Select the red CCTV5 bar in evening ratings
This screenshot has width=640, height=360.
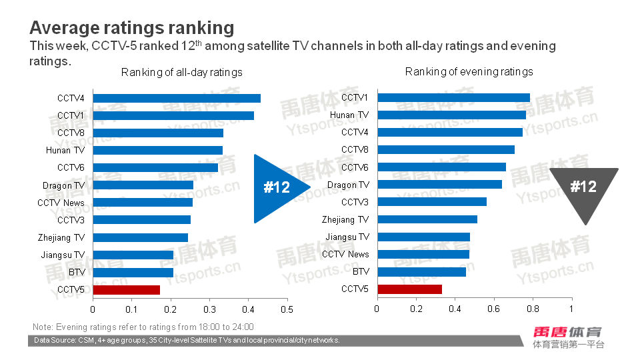pos(409,289)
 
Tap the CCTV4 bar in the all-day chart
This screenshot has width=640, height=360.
pos(177,98)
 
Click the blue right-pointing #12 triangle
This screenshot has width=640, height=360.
pos(277,187)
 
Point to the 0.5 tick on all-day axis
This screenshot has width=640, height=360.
pos(287,309)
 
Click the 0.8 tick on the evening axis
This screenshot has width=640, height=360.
pos(533,309)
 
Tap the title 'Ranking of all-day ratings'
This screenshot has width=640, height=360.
pos(181,72)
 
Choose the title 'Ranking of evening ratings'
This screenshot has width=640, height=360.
pos(469,71)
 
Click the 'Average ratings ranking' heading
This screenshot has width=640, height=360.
pos(132,28)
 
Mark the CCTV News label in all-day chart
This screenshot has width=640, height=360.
pos(61,203)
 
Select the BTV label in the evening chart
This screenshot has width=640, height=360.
pos(361,271)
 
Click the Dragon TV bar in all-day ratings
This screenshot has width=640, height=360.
pos(143,185)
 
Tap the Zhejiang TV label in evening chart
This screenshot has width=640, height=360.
pos(345,219)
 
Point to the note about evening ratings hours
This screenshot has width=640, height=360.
pos(143,327)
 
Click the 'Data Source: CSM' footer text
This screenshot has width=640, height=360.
pos(187,341)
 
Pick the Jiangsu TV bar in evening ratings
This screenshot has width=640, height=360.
pos(423,237)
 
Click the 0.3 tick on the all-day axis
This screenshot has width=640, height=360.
pos(209,309)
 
